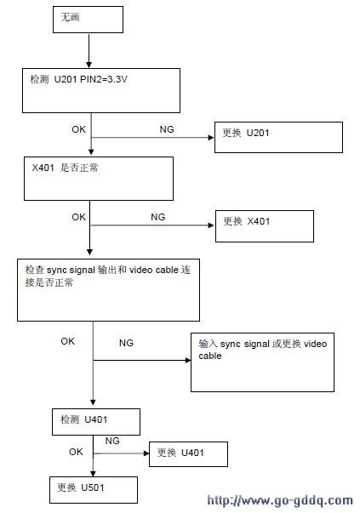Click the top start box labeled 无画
click(x=88, y=20)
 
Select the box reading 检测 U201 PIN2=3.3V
click(x=101, y=91)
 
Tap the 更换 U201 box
click(x=278, y=138)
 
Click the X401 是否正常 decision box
click(x=99, y=179)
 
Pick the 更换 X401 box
click(x=265, y=226)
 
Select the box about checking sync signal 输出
click(x=108, y=290)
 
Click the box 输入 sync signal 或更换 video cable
click(x=262, y=362)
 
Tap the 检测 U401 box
click(x=96, y=422)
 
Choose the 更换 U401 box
click(x=188, y=454)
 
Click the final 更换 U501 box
click(x=94, y=490)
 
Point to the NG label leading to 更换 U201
click(x=167, y=129)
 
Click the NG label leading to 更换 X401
click(x=157, y=217)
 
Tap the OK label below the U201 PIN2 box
click(x=78, y=129)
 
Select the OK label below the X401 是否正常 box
click(x=78, y=217)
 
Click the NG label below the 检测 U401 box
click(x=112, y=441)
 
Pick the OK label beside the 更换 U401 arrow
click(x=76, y=452)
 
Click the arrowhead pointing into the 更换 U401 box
click(x=146, y=453)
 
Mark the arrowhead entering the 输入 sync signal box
click(x=188, y=360)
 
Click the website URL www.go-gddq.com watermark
click(x=280, y=500)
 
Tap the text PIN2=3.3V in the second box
click(x=104, y=79)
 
